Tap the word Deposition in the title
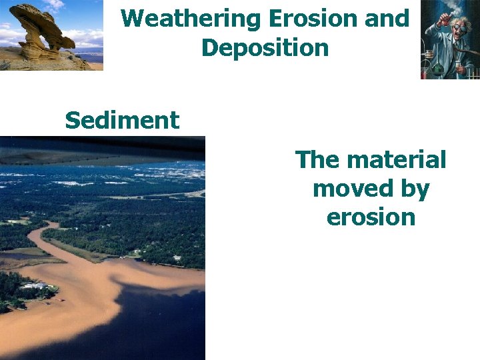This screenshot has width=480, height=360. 265,48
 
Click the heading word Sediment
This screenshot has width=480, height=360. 122,121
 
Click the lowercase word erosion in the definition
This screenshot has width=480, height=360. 371,218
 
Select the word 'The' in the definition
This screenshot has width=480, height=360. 317,160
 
